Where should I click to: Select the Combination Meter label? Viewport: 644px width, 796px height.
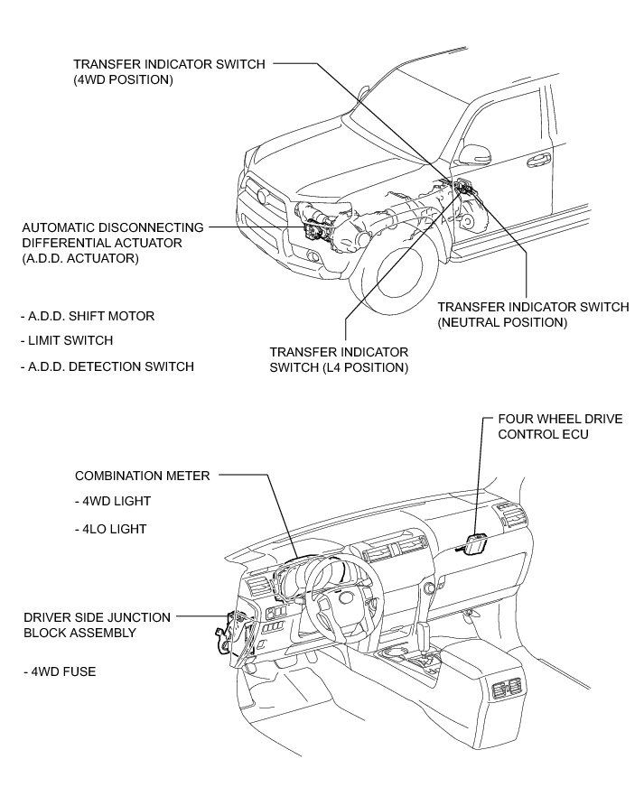[142, 476]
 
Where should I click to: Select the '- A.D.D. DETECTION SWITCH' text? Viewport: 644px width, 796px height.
[106, 366]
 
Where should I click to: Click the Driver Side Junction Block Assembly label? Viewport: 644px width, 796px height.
[97, 625]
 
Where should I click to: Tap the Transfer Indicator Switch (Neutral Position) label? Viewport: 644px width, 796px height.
[532, 314]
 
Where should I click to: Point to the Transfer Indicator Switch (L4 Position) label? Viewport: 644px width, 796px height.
[339, 359]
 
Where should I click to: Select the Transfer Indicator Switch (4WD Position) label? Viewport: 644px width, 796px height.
[169, 71]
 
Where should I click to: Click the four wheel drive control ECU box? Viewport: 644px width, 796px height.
[475, 545]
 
